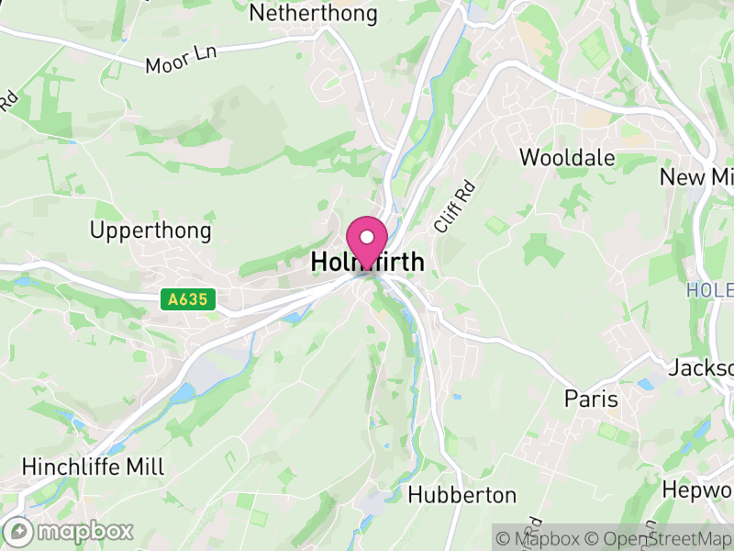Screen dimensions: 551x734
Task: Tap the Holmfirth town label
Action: [x=368, y=263]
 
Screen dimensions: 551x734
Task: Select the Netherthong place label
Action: [x=313, y=14]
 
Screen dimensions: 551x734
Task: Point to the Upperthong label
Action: [x=150, y=230]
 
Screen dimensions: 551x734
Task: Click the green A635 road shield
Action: [x=187, y=298]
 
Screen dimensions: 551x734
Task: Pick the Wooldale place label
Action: [x=567, y=157]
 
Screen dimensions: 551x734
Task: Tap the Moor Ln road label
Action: [x=180, y=62]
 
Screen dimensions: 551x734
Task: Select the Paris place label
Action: [x=591, y=400]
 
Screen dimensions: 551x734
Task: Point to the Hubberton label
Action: [x=462, y=495]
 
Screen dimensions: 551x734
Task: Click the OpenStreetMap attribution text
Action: [x=660, y=538]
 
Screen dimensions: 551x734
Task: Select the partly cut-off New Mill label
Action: [x=696, y=177]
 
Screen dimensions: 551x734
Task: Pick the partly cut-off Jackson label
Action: [x=701, y=368]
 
